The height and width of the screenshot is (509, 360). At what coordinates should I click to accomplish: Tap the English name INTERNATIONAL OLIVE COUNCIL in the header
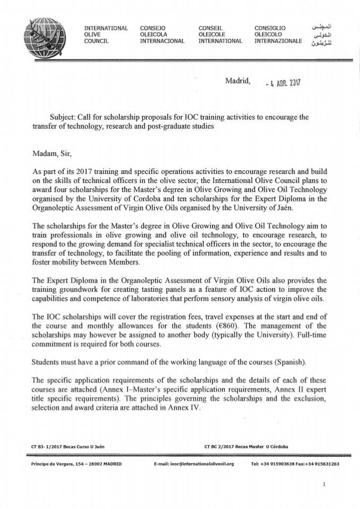[106, 34]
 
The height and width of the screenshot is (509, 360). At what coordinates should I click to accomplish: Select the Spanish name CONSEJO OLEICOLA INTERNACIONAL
[162, 34]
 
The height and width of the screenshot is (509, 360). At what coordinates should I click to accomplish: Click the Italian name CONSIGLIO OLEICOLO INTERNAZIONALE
[278, 34]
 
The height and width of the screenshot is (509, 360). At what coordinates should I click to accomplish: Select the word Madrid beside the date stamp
[239, 81]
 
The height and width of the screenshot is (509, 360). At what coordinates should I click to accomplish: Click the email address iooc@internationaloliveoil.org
[196, 464]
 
